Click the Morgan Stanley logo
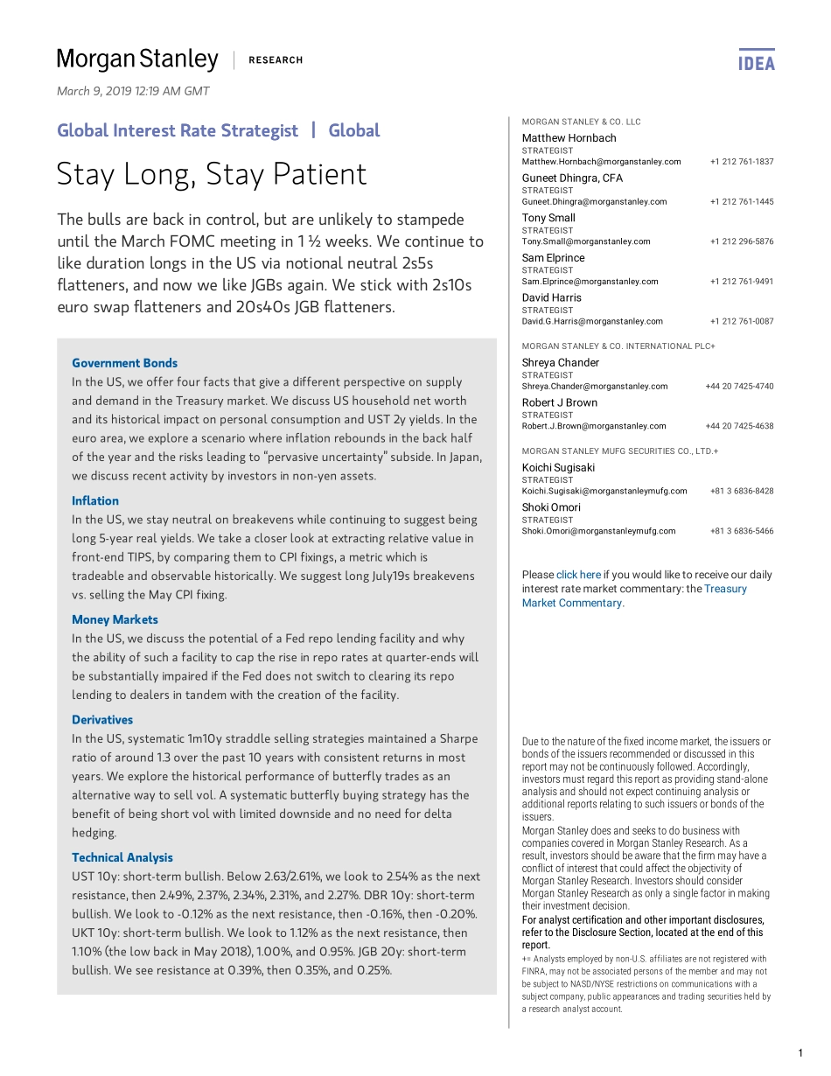click(137, 59)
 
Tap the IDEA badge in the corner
click(757, 61)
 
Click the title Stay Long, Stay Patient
click(212, 174)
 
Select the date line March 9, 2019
click(133, 91)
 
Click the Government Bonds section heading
click(124, 363)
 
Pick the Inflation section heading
click(95, 501)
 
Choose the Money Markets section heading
click(115, 620)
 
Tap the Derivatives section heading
click(102, 720)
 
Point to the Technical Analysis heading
click(122, 858)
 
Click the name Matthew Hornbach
click(569, 138)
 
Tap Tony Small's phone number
click(742, 241)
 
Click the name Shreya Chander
click(561, 363)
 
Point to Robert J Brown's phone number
click(739, 426)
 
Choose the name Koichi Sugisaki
click(558, 468)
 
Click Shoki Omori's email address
click(598, 531)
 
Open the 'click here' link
click(578, 575)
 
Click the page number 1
click(800, 1052)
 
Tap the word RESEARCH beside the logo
click(276, 60)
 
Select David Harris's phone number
click(742, 321)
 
